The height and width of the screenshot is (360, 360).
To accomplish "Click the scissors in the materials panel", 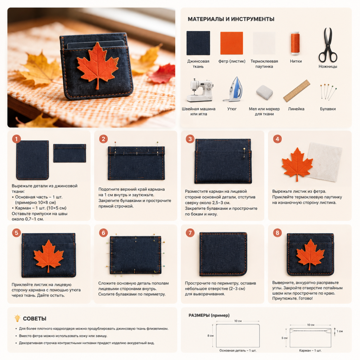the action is click(x=328, y=45).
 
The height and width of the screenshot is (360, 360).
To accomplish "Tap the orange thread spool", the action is click(x=295, y=43).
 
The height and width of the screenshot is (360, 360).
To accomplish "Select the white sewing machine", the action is click(x=199, y=90).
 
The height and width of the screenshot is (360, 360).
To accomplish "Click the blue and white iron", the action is click(x=233, y=89).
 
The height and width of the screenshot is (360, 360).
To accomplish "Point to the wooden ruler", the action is click(x=296, y=91).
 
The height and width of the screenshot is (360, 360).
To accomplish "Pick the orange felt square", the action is click(x=231, y=43).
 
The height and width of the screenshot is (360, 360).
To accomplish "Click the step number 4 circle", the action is click(x=277, y=139).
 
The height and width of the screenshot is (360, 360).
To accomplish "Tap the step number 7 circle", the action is click(x=190, y=233).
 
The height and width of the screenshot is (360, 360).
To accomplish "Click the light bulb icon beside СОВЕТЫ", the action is click(x=17, y=318).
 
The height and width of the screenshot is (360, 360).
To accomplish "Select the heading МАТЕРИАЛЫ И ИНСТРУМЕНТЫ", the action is click(x=231, y=19).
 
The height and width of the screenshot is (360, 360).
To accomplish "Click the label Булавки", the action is click(x=328, y=109).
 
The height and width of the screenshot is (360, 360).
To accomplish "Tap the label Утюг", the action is click(x=232, y=109).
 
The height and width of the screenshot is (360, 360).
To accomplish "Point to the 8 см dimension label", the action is click(x=210, y=336).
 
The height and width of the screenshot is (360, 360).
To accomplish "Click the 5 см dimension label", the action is click(x=284, y=338).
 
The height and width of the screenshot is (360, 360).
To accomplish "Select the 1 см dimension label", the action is click(x=340, y=331).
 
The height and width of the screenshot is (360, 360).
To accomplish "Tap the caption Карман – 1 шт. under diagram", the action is click(x=310, y=351).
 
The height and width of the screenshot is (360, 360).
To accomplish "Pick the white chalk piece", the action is click(x=264, y=92).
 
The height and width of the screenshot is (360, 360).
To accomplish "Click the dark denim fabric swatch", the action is click(x=198, y=43).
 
